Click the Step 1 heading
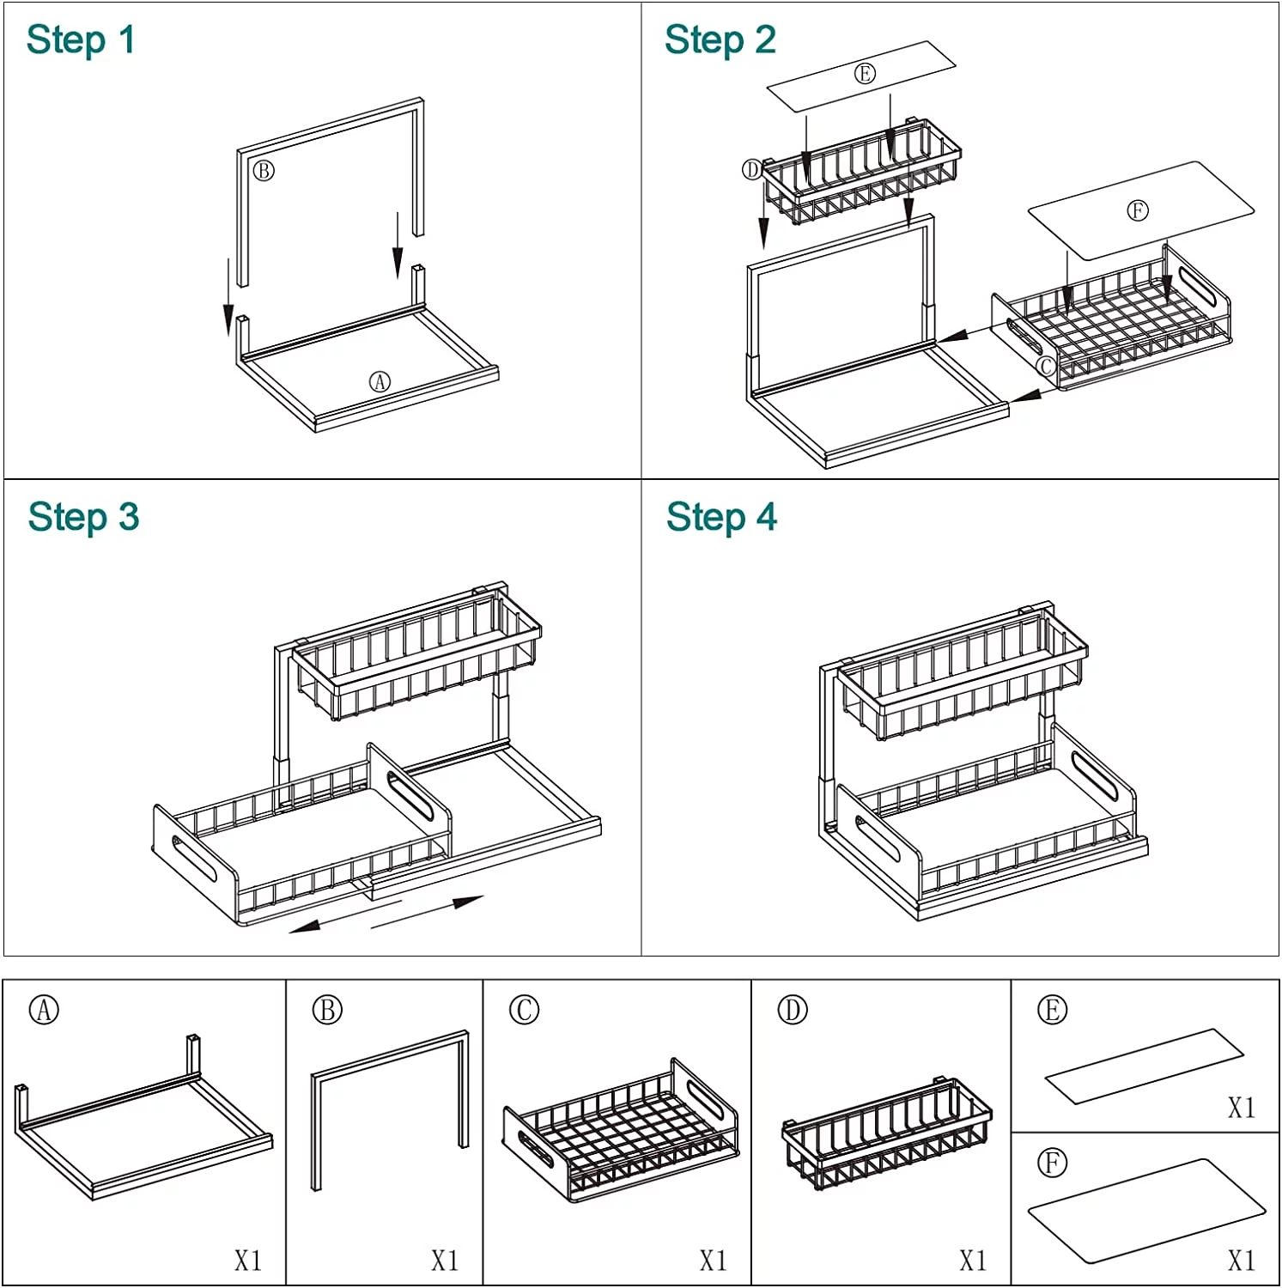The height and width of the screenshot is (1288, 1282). pyautogui.click(x=81, y=40)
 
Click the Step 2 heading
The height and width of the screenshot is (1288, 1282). pyautogui.click(x=720, y=40)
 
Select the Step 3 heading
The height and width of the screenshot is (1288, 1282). pyautogui.click(x=83, y=518)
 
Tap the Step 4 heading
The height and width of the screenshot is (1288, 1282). pyautogui.click(x=721, y=518)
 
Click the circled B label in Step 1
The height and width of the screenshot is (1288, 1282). pyautogui.click(x=264, y=171)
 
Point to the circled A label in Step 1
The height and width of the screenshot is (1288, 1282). pyautogui.click(x=380, y=381)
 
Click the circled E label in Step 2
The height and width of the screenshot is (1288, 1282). pyautogui.click(x=865, y=74)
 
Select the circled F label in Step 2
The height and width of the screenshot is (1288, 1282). pyautogui.click(x=1137, y=210)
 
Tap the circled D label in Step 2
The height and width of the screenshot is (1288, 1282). pyautogui.click(x=752, y=170)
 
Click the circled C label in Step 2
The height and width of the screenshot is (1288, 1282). pyautogui.click(x=1045, y=367)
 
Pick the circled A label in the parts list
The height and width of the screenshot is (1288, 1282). pyautogui.click(x=45, y=1010)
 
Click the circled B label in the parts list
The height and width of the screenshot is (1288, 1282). pyautogui.click(x=327, y=1010)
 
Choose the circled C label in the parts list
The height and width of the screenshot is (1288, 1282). pyautogui.click(x=524, y=1010)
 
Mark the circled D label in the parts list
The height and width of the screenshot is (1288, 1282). pyautogui.click(x=793, y=1010)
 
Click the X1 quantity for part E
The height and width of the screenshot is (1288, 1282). pyautogui.click(x=1241, y=1108)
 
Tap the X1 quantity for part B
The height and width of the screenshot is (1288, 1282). pyautogui.click(x=444, y=1260)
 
